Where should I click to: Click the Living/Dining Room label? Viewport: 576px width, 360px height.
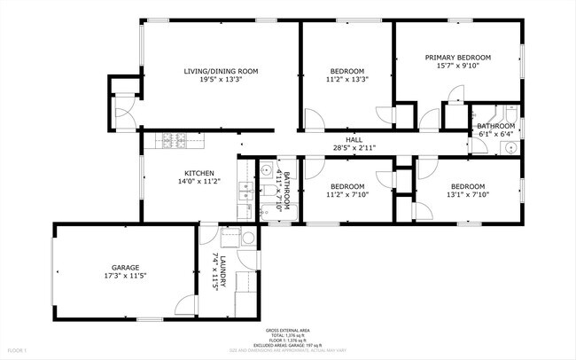221,71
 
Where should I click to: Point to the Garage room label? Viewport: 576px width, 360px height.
125,267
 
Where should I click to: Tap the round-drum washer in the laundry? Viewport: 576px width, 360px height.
248,238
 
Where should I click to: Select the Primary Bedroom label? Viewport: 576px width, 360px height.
457,58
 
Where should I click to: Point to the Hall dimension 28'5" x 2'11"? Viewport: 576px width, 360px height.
353,148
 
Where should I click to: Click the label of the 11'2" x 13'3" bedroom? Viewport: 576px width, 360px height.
347,71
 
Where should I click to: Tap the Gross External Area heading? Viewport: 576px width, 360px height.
289,328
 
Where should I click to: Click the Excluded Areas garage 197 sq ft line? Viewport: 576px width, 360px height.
289,344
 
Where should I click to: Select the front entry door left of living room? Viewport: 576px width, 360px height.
123,113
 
